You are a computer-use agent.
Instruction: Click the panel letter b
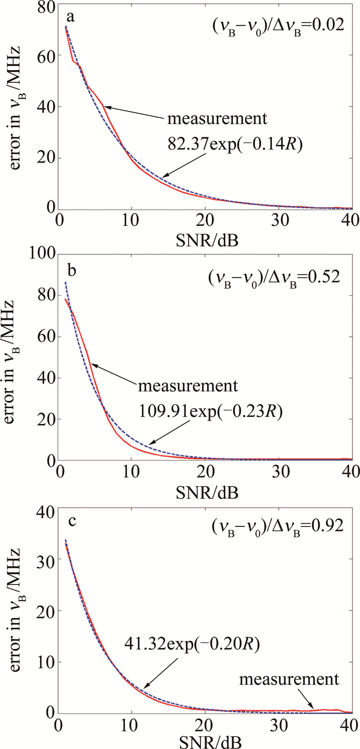pyautogui.click(x=72, y=270)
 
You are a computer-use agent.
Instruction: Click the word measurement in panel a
pyautogui.click(x=217, y=120)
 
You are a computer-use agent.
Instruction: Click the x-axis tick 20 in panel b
pyautogui.click(x=205, y=473)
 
